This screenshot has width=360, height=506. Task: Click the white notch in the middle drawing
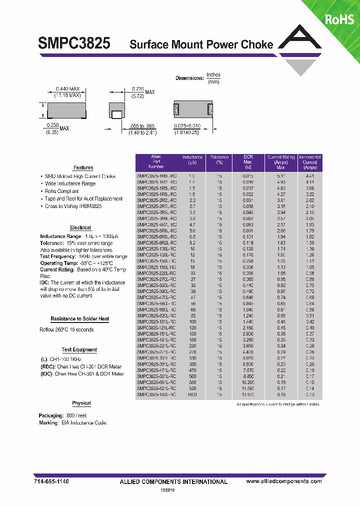coord(116,114)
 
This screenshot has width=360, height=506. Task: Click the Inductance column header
coord(192,160)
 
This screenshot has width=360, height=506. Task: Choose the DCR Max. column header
coord(248,162)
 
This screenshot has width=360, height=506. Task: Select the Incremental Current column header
coord(310,162)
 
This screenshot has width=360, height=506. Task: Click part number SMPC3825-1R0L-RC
coord(156,176)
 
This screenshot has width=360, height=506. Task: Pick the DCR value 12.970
coord(248,394)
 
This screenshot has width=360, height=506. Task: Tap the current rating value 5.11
coord(281,176)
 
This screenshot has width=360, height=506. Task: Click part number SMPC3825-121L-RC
coord(156,327)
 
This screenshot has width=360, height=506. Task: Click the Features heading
coord(83,167)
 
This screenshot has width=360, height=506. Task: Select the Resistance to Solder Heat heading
coord(79,319)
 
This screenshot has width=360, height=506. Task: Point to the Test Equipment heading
coord(79,350)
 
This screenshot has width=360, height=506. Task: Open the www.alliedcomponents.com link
coord(284,481)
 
